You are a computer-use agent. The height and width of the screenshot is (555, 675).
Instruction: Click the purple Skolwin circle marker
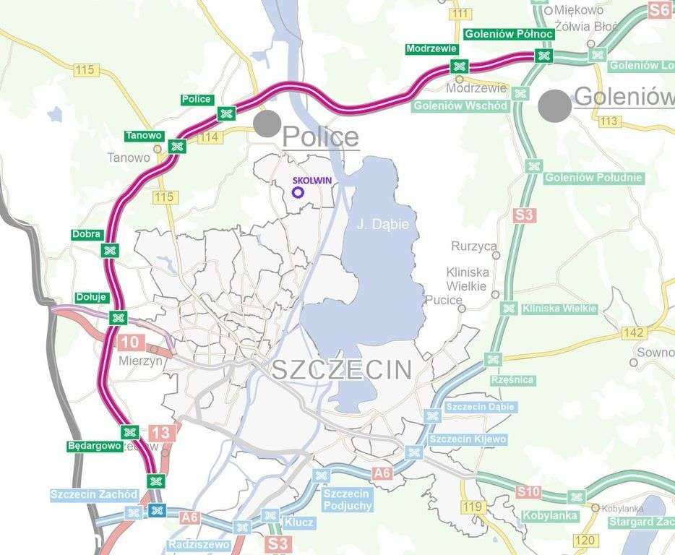click(x=297, y=192)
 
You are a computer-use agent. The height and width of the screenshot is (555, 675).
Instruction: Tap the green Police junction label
click(x=197, y=99)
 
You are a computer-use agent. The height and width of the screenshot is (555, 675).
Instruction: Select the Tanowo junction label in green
click(x=144, y=135)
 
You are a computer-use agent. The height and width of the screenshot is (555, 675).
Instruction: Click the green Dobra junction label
click(x=87, y=234)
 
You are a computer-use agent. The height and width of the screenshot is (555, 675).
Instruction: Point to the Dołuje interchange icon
click(x=118, y=317)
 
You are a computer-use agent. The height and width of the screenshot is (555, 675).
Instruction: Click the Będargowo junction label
click(x=95, y=446)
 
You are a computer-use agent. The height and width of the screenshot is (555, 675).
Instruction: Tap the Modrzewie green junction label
click(x=431, y=49)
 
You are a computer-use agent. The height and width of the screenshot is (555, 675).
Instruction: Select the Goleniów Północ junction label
click(x=509, y=34)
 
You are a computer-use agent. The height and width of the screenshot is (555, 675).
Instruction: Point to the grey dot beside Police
click(x=267, y=123)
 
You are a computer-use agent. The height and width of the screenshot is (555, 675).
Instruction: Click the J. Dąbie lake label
click(x=383, y=225)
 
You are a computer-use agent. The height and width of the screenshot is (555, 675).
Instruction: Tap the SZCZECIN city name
click(x=341, y=370)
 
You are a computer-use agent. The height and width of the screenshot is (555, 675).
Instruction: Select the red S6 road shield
click(x=658, y=9)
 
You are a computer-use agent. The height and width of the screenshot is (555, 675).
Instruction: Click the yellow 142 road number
click(x=633, y=332)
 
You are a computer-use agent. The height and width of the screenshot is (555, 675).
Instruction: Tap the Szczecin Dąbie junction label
click(x=480, y=407)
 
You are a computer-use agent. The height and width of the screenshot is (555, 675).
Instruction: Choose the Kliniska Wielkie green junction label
click(x=559, y=309)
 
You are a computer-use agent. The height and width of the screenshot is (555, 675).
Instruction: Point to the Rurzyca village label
click(x=474, y=246)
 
